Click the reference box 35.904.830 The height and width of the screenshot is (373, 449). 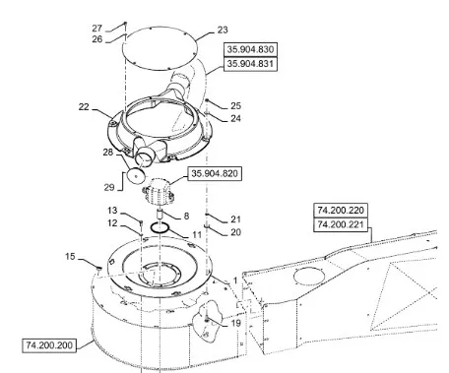(x=250, y=49)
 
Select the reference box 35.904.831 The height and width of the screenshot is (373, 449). (x=250, y=64)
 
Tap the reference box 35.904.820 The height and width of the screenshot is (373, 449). (x=215, y=173)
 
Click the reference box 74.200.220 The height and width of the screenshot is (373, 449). (x=341, y=211)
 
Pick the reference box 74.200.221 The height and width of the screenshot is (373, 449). (x=341, y=224)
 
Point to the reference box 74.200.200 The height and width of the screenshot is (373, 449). (x=49, y=345)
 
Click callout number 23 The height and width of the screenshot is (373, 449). (x=223, y=30)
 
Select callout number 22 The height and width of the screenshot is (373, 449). (x=84, y=107)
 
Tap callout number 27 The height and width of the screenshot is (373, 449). (x=97, y=29)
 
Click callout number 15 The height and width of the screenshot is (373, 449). (x=70, y=256)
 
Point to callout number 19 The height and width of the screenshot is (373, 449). (x=236, y=323)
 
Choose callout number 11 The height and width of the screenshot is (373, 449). (x=197, y=235)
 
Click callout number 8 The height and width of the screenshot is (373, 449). (x=186, y=216)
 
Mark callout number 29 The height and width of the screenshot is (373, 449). (x=109, y=187)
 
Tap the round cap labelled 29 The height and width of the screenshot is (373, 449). (x=137, y=176)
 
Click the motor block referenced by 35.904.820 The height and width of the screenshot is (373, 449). (x=159, y=191)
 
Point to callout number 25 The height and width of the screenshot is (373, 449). (x=235, y=106)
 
